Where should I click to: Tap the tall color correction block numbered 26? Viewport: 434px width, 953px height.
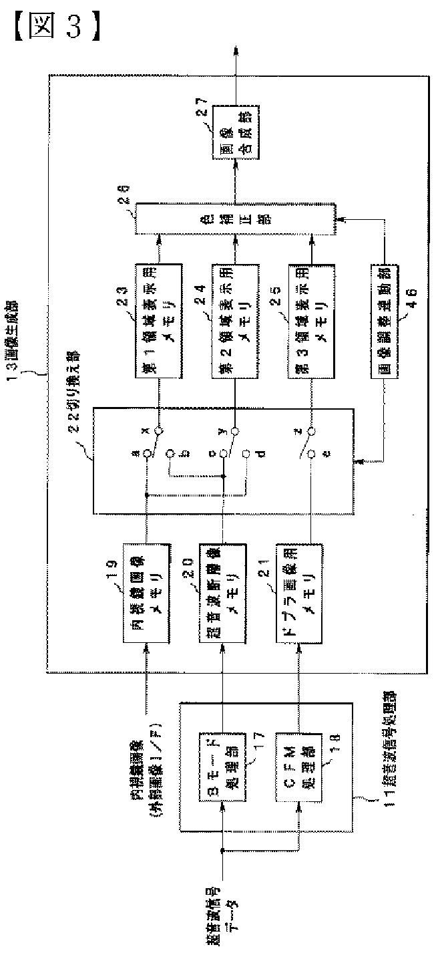[234, 219]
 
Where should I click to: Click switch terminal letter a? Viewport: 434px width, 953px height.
[136, 453]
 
